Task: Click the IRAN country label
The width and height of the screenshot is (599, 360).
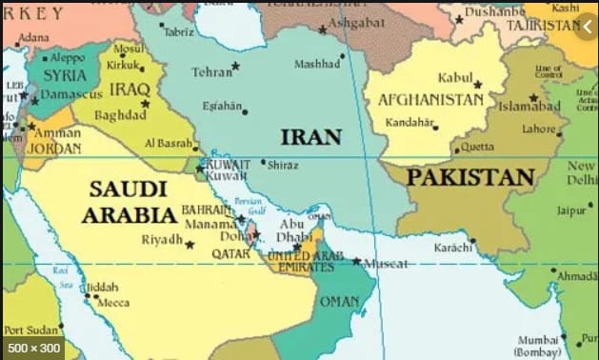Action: (310, 136)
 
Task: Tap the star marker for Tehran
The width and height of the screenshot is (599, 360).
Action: (235, 66)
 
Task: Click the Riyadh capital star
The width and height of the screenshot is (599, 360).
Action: (190, 245)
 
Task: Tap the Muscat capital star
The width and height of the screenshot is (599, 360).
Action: (356, 261)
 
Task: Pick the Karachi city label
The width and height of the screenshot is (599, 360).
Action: (452, 247)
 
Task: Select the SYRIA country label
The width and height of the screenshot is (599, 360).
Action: (64, 75)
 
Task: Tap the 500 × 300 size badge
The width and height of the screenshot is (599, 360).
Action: (32, 347)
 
